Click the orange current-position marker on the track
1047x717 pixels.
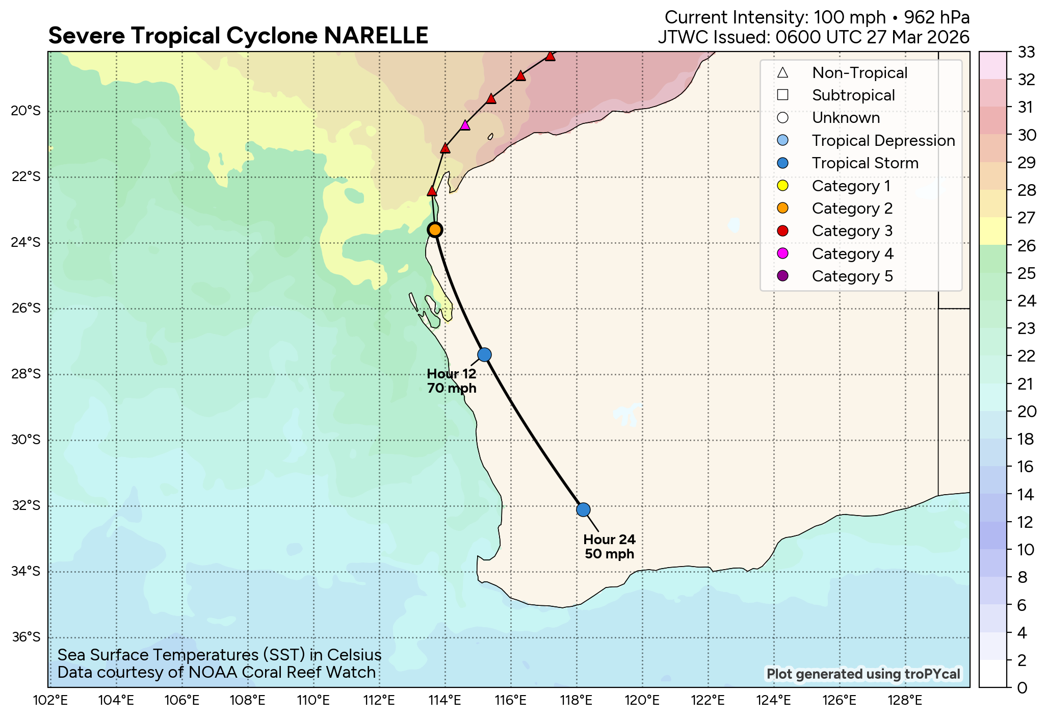pos(435,229)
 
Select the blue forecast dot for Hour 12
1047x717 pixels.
pos(484,354)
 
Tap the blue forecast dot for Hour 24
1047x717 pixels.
pos(583,509)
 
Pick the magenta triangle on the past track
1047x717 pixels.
pos(465,125)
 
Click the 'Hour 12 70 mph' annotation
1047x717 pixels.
pos(452,381)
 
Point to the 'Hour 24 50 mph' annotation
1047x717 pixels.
pos(609,547)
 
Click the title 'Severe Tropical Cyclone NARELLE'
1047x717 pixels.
pos(238,36)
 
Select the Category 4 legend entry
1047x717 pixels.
pos(852,253)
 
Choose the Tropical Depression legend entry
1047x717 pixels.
pos(883,140)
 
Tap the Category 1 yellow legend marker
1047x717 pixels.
pos(783,186)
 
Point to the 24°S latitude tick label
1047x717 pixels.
pos(25,242)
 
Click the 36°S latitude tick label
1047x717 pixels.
pos(25,637)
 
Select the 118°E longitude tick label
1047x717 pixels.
pos(577,700)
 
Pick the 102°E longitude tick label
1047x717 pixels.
pos(50,700)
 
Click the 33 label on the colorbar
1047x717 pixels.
pos(1026,52)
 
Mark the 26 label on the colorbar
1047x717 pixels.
pos(1026,246)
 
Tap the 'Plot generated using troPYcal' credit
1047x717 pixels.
pos(863,674)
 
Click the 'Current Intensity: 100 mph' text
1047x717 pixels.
pos(774,17)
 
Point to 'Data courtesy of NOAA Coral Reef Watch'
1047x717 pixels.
pos(217,672)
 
